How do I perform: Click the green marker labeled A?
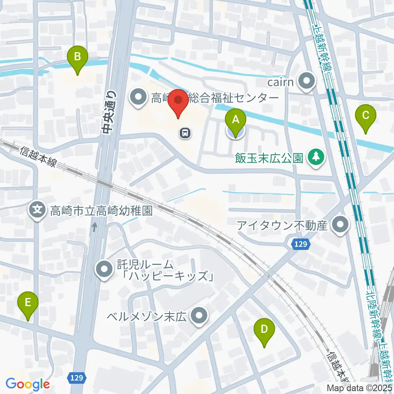tap(236, 120)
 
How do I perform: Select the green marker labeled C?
tap(366, 116)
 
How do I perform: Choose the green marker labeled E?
tap(28, 304)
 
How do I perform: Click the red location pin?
tap(179, 101)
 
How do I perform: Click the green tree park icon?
tap(316, 157)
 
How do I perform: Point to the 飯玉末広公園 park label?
tap(269, 157)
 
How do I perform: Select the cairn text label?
tap(280, 82)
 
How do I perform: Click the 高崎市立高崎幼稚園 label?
tap(101, 211)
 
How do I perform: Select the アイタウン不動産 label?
tap(287, 225)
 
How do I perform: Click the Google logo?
tap(28, 384)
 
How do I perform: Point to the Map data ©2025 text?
tap(360, 388)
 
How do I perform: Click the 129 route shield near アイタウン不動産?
tap(300, 244)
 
